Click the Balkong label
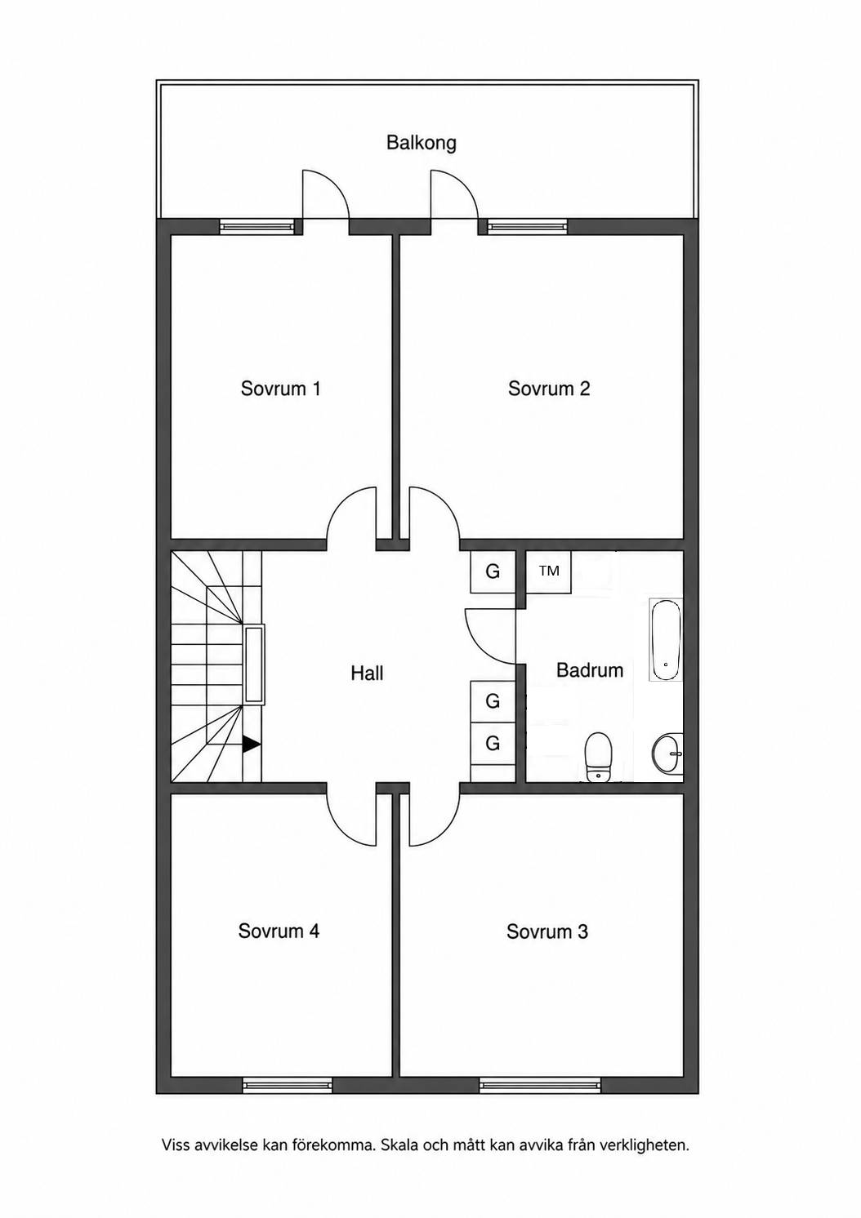422,143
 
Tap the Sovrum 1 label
280,389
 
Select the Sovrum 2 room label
549,389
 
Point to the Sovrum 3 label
547,931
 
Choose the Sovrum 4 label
279,931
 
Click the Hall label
367,673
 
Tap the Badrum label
590,670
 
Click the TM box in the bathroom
549,571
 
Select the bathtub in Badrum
666,639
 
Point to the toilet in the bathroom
598,757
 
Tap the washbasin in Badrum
667,753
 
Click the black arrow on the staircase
251,745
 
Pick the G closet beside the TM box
493,571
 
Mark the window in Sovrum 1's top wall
257,226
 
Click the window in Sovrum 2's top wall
527,226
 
